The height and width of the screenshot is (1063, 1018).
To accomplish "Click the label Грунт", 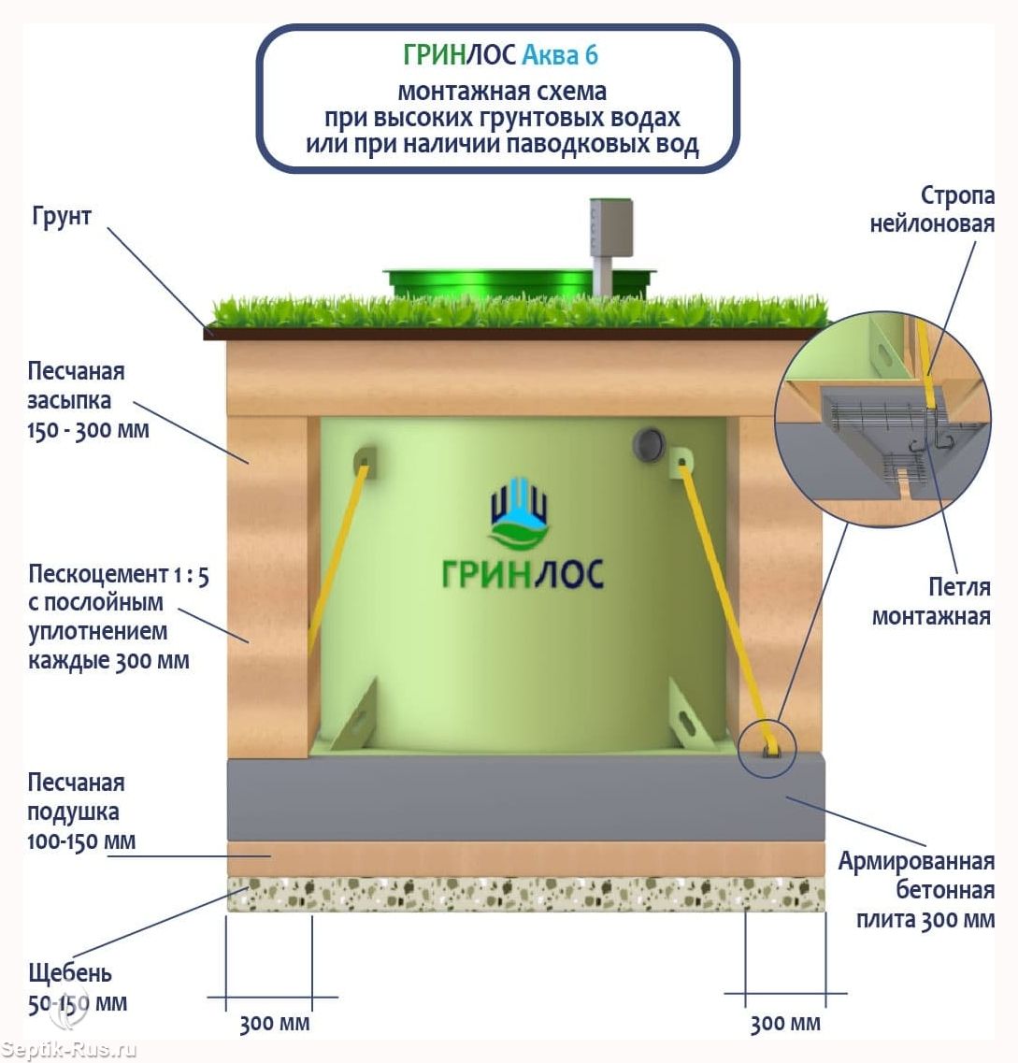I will (62, 217).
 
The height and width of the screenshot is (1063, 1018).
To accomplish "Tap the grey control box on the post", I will (610, 227).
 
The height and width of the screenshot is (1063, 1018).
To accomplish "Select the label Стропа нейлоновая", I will (932, 209).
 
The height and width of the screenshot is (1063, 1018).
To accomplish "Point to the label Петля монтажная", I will (931, 601).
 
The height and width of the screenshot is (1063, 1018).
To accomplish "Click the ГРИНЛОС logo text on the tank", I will (523, 573).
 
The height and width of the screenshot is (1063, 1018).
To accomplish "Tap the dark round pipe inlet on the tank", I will (648, 444).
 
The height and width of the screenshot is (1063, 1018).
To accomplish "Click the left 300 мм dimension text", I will (274, 1023).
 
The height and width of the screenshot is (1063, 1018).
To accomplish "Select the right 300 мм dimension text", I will (785, 1023).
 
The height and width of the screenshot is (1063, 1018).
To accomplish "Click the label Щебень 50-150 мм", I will (77, 988).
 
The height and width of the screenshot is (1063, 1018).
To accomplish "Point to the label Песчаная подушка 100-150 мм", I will (80, 812).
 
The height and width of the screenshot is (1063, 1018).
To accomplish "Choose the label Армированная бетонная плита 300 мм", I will (916, 890).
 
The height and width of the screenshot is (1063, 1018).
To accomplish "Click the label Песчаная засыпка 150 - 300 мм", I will (88, 400).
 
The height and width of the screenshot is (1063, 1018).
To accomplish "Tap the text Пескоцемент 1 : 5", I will (118, 574).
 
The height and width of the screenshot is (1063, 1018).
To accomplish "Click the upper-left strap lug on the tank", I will (365, 461).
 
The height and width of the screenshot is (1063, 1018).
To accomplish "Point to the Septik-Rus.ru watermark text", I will (69, 1050).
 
